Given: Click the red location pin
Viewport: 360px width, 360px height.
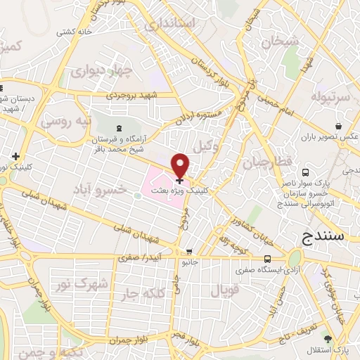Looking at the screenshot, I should pyautogui.click(x=181, y=164).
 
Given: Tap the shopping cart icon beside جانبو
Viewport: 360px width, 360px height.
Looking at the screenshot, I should pyautogui.click(x=188, y=252).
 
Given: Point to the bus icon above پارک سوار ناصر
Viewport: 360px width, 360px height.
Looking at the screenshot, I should pyautogui.click(x=305, y=172).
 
